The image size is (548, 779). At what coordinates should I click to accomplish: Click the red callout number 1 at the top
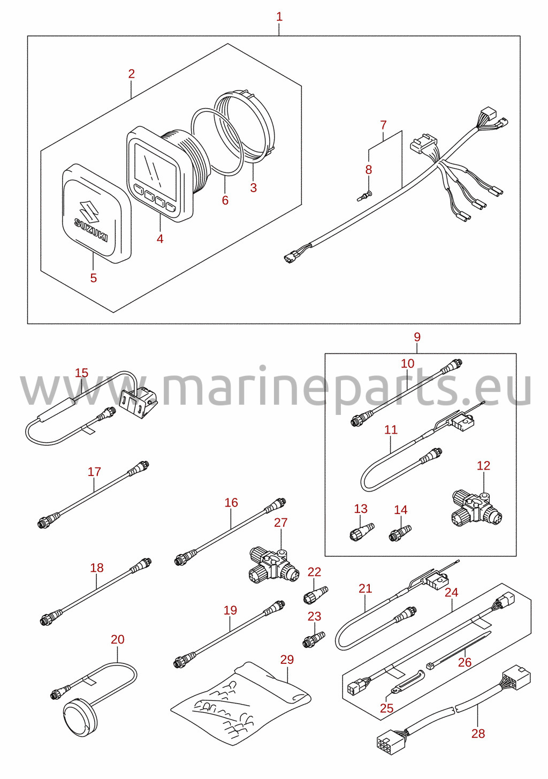279,17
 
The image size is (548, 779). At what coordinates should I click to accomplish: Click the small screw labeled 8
364,196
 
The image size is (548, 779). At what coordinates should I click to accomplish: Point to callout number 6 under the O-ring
225,200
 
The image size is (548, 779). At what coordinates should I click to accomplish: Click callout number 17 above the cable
94,472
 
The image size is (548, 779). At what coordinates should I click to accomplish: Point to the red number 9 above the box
417,337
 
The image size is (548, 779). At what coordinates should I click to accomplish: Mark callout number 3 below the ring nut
254,187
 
